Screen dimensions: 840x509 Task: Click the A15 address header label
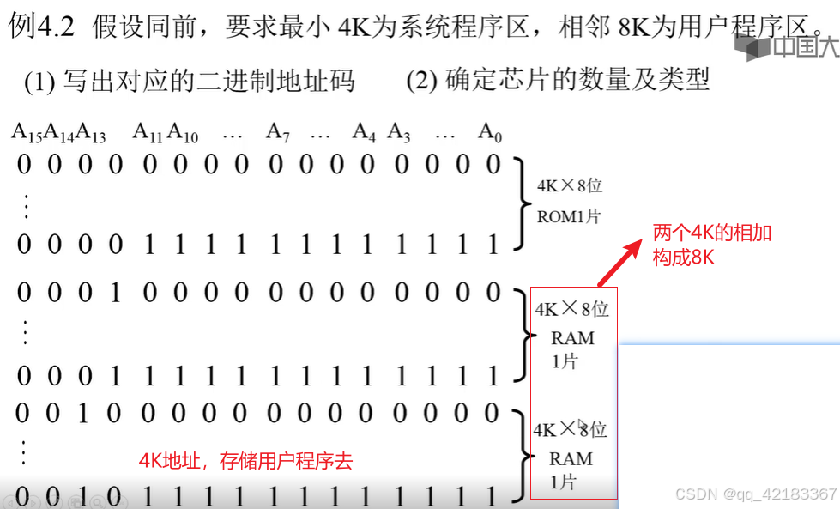[27, 132]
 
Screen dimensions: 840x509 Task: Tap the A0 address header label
[489, 132]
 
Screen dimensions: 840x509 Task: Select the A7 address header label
[278, 132]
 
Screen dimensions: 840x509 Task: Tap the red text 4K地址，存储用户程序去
[246, 462]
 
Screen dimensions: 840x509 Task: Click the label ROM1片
[569, 216]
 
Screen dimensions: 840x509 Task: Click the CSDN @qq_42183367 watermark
[755, 494]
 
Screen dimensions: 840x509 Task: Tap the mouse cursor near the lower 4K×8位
[582, 426]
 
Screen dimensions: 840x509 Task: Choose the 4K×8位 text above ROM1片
[569, 186]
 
